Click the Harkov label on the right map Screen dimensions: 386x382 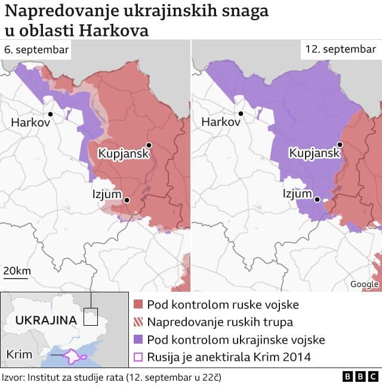click(x=221, y=122)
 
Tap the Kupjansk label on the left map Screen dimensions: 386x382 click(x=121, y=153)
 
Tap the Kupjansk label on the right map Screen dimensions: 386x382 click(x=314, y=153)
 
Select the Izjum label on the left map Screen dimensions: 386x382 click(x=106, y=194)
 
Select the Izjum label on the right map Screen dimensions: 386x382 click(x=297, y=194)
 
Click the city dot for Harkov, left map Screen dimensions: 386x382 click(x=51, y=113)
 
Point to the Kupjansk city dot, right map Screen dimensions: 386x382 click(x=340, y=144)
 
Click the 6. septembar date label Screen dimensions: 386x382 click(x=36, y=50)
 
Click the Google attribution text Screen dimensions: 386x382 click(x=364, y=285)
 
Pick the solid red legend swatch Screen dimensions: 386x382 click(x=138, y=305)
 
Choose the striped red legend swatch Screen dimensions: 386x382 click(x=138, y=322)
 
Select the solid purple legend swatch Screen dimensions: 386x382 click(x=138, y=340)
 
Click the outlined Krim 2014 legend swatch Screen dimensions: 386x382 click(x=138, y=357)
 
